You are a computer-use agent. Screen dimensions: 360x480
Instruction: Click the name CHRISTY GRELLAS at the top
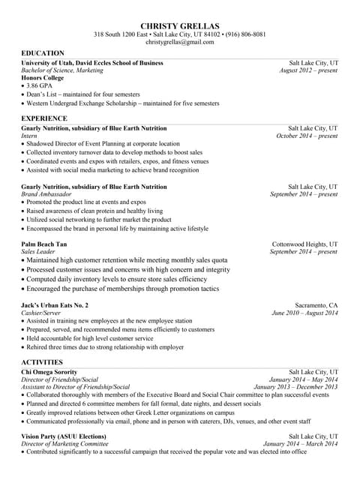pyautogui.click(x=179, y=26)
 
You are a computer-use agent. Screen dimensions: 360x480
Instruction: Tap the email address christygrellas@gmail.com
pyautogui.click(x=179, y=43)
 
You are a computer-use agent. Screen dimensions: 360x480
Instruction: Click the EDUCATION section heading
pyautogui.click(x=43, y=53)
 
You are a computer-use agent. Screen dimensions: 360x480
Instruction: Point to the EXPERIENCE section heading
pyautogui.click(x=44, y=118)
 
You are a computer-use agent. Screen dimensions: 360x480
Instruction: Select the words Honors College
pyautogui.click(x=43, y=78)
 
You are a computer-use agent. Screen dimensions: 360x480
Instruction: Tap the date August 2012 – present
pyautogui.click(x=308, y=70)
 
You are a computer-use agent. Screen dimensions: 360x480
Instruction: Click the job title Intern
pyautogui.click(x=29, y=136)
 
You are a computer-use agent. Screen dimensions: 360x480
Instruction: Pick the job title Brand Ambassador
pyautogui.click(x=46, y=194)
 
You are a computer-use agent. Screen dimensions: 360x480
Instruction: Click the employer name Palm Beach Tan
pyautogui.click(x=44, y=244)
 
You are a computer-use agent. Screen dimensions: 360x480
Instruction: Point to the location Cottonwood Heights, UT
pyautogui.click(x=304, y=244)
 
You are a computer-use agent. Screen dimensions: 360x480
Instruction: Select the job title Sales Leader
pyautogui.click(x=40, y=252)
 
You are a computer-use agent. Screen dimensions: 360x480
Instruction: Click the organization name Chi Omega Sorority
pyautogui.click(x=49, y=371)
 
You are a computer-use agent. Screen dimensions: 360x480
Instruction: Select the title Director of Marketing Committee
pyautogui.click(x=66, y=444)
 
